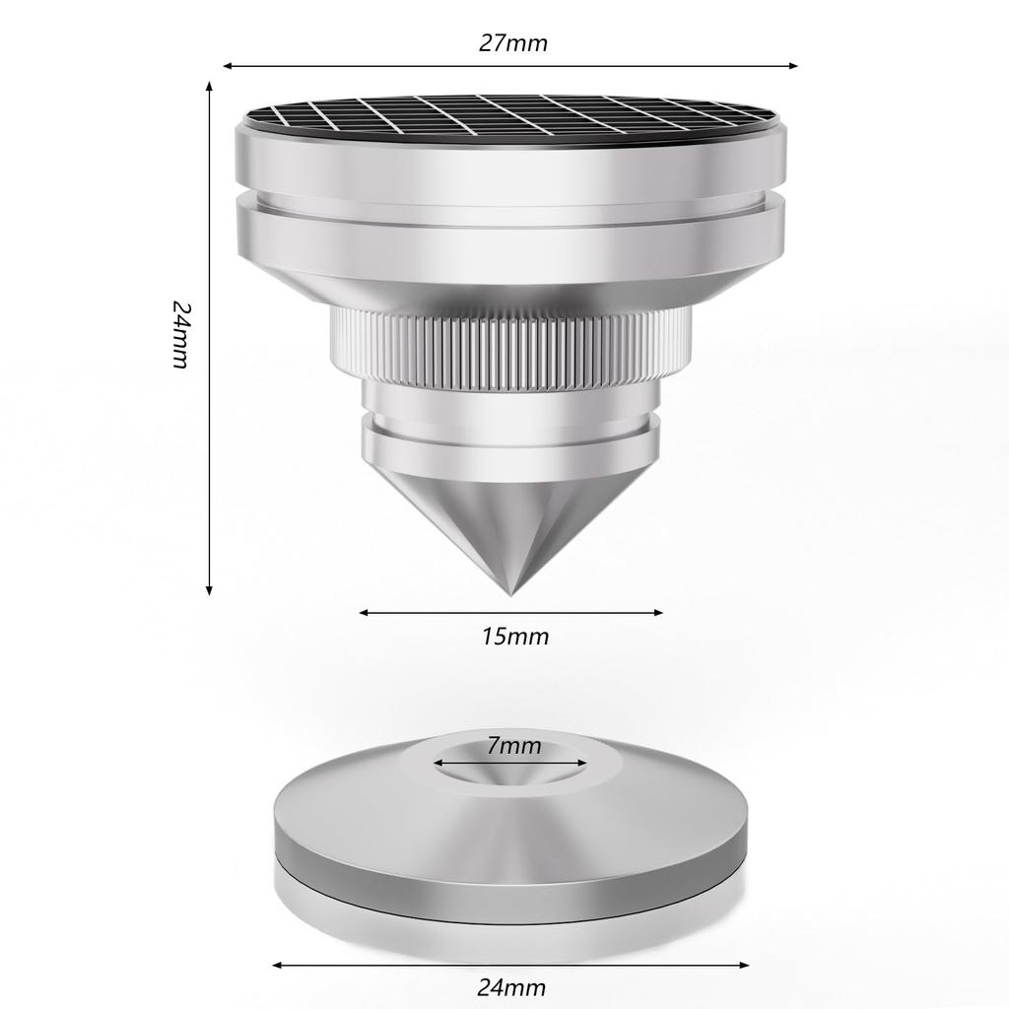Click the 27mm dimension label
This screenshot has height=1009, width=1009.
[512, 43]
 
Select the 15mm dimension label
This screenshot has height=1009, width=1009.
[515, 638]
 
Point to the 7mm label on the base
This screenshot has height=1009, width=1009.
[513, 746]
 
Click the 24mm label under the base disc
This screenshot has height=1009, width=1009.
[511, 987]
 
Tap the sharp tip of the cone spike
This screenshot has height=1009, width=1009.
[510, 594]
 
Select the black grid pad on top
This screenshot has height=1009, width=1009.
[511, 120]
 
